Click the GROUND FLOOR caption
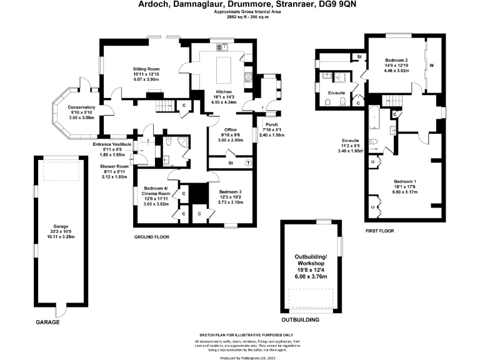tap(152, 237)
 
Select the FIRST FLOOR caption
tap(382, 231)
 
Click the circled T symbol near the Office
tap(249, 162)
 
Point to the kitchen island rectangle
tap(224, 66)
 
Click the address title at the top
tap(239, 4)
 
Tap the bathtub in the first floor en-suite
tap(373, 118)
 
